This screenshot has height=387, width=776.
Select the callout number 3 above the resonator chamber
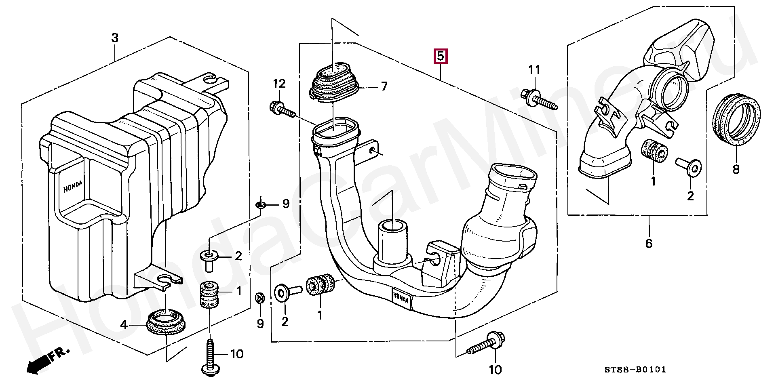[x=115, y=38]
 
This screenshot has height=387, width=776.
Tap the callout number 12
[x=279, y=84]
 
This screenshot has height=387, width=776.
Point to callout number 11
[x=534, y=70]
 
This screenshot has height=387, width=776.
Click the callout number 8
[x=736, y=169]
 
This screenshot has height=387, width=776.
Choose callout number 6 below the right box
[x=649, y=244]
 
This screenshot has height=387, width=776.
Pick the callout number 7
[x=384, y=86]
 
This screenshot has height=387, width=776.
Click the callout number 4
[x=124, y=324]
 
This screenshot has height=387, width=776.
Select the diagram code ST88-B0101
[x=635, y=370]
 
